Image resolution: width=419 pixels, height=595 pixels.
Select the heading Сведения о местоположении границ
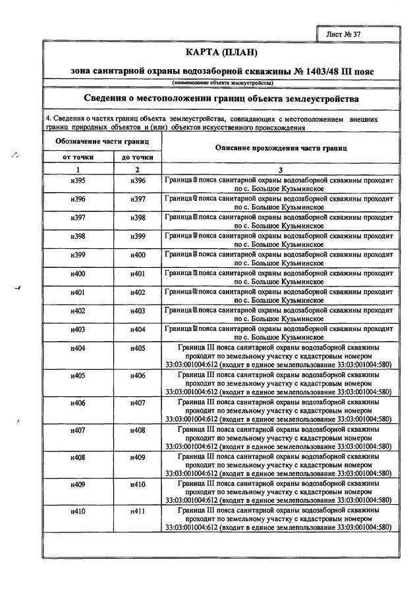(221, 99)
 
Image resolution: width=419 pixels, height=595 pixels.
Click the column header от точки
(78, 157)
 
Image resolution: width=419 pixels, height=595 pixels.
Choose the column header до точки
(137, 157)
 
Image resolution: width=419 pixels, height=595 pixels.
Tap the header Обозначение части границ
(100, 142)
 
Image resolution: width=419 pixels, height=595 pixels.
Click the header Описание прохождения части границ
(281, 148)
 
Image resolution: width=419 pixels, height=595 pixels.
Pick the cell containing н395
(78, 180)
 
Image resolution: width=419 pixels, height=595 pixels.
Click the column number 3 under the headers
(281, 168)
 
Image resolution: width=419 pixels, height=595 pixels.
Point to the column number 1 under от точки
(78, 168)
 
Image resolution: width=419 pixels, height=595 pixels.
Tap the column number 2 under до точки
(137, 168)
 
